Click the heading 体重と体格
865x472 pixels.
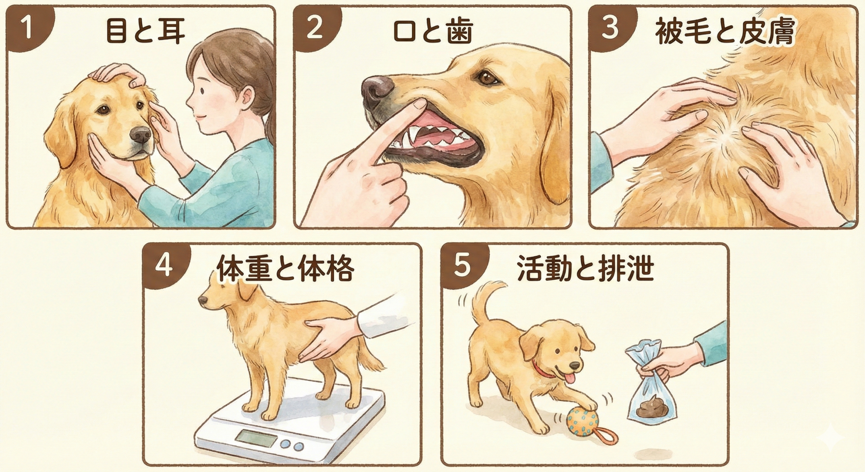coord(286,270)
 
